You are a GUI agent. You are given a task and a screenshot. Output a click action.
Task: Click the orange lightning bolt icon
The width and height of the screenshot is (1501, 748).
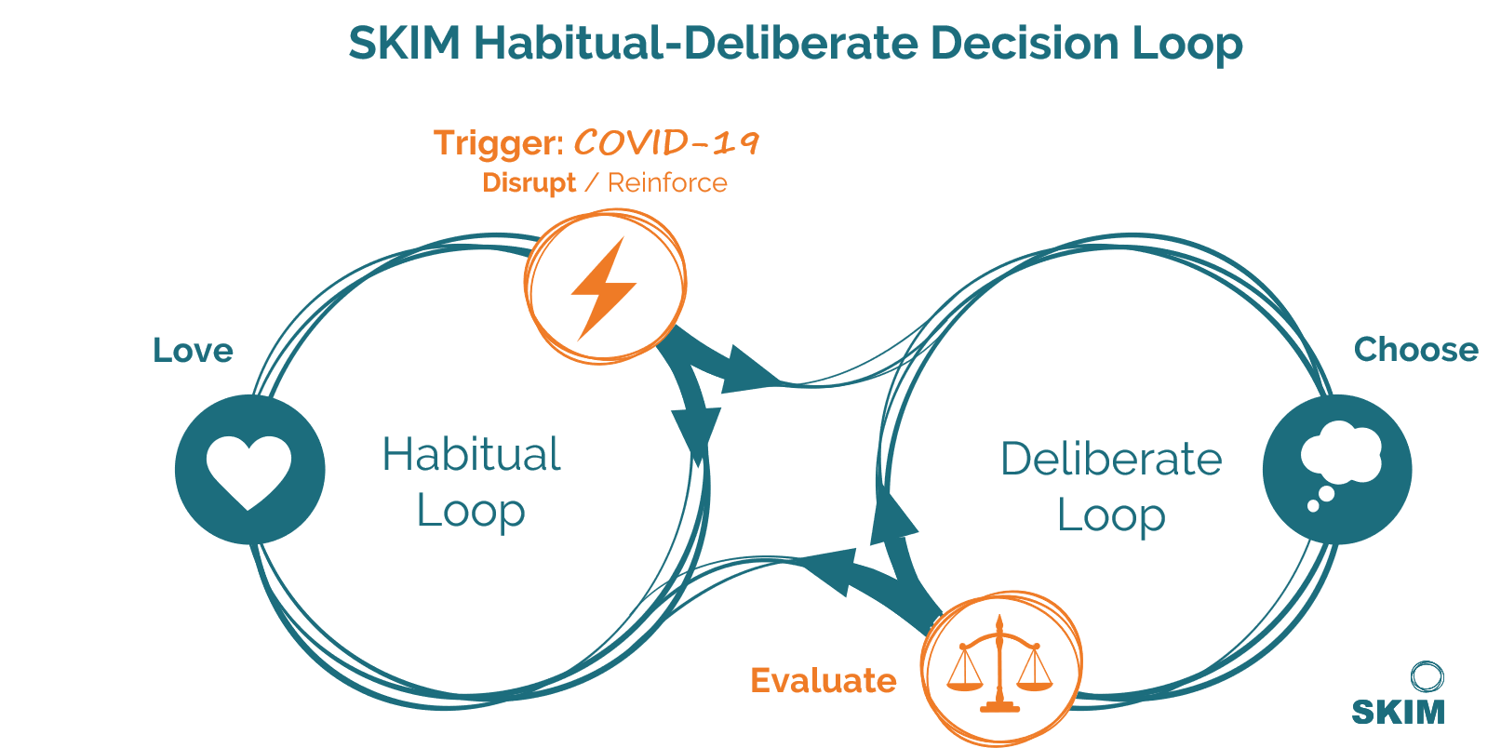tap(604, 288)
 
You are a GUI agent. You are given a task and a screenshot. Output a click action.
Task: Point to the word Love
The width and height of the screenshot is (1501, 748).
tap(193, 350)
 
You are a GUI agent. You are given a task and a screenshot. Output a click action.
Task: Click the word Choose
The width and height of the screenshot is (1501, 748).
tap(1416, 350)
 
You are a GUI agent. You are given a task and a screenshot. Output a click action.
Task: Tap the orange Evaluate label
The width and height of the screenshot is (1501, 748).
tap(824, 680)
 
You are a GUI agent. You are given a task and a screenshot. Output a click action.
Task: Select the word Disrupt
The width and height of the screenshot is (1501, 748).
tap(529, 183)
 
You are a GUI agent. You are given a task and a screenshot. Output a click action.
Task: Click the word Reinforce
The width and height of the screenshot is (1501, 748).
tap(667, 183)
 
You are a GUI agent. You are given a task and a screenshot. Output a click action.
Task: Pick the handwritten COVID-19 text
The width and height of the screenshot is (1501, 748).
tap(666, 142)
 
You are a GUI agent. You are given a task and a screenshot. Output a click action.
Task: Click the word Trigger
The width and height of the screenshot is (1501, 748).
tap(499, 143)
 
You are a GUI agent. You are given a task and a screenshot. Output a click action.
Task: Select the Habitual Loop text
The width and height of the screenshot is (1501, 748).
tap(471, 482)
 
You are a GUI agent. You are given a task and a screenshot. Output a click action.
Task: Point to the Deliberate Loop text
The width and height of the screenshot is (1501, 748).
tap(1112, 487)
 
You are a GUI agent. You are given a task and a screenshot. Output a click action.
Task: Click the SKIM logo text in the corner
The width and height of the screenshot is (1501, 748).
tap(1399, 712)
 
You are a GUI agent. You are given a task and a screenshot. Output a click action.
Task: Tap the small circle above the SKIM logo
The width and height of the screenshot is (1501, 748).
tap(1427, 676)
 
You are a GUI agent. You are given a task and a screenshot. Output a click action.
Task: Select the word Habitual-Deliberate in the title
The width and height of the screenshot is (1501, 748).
tap(696, 43)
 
